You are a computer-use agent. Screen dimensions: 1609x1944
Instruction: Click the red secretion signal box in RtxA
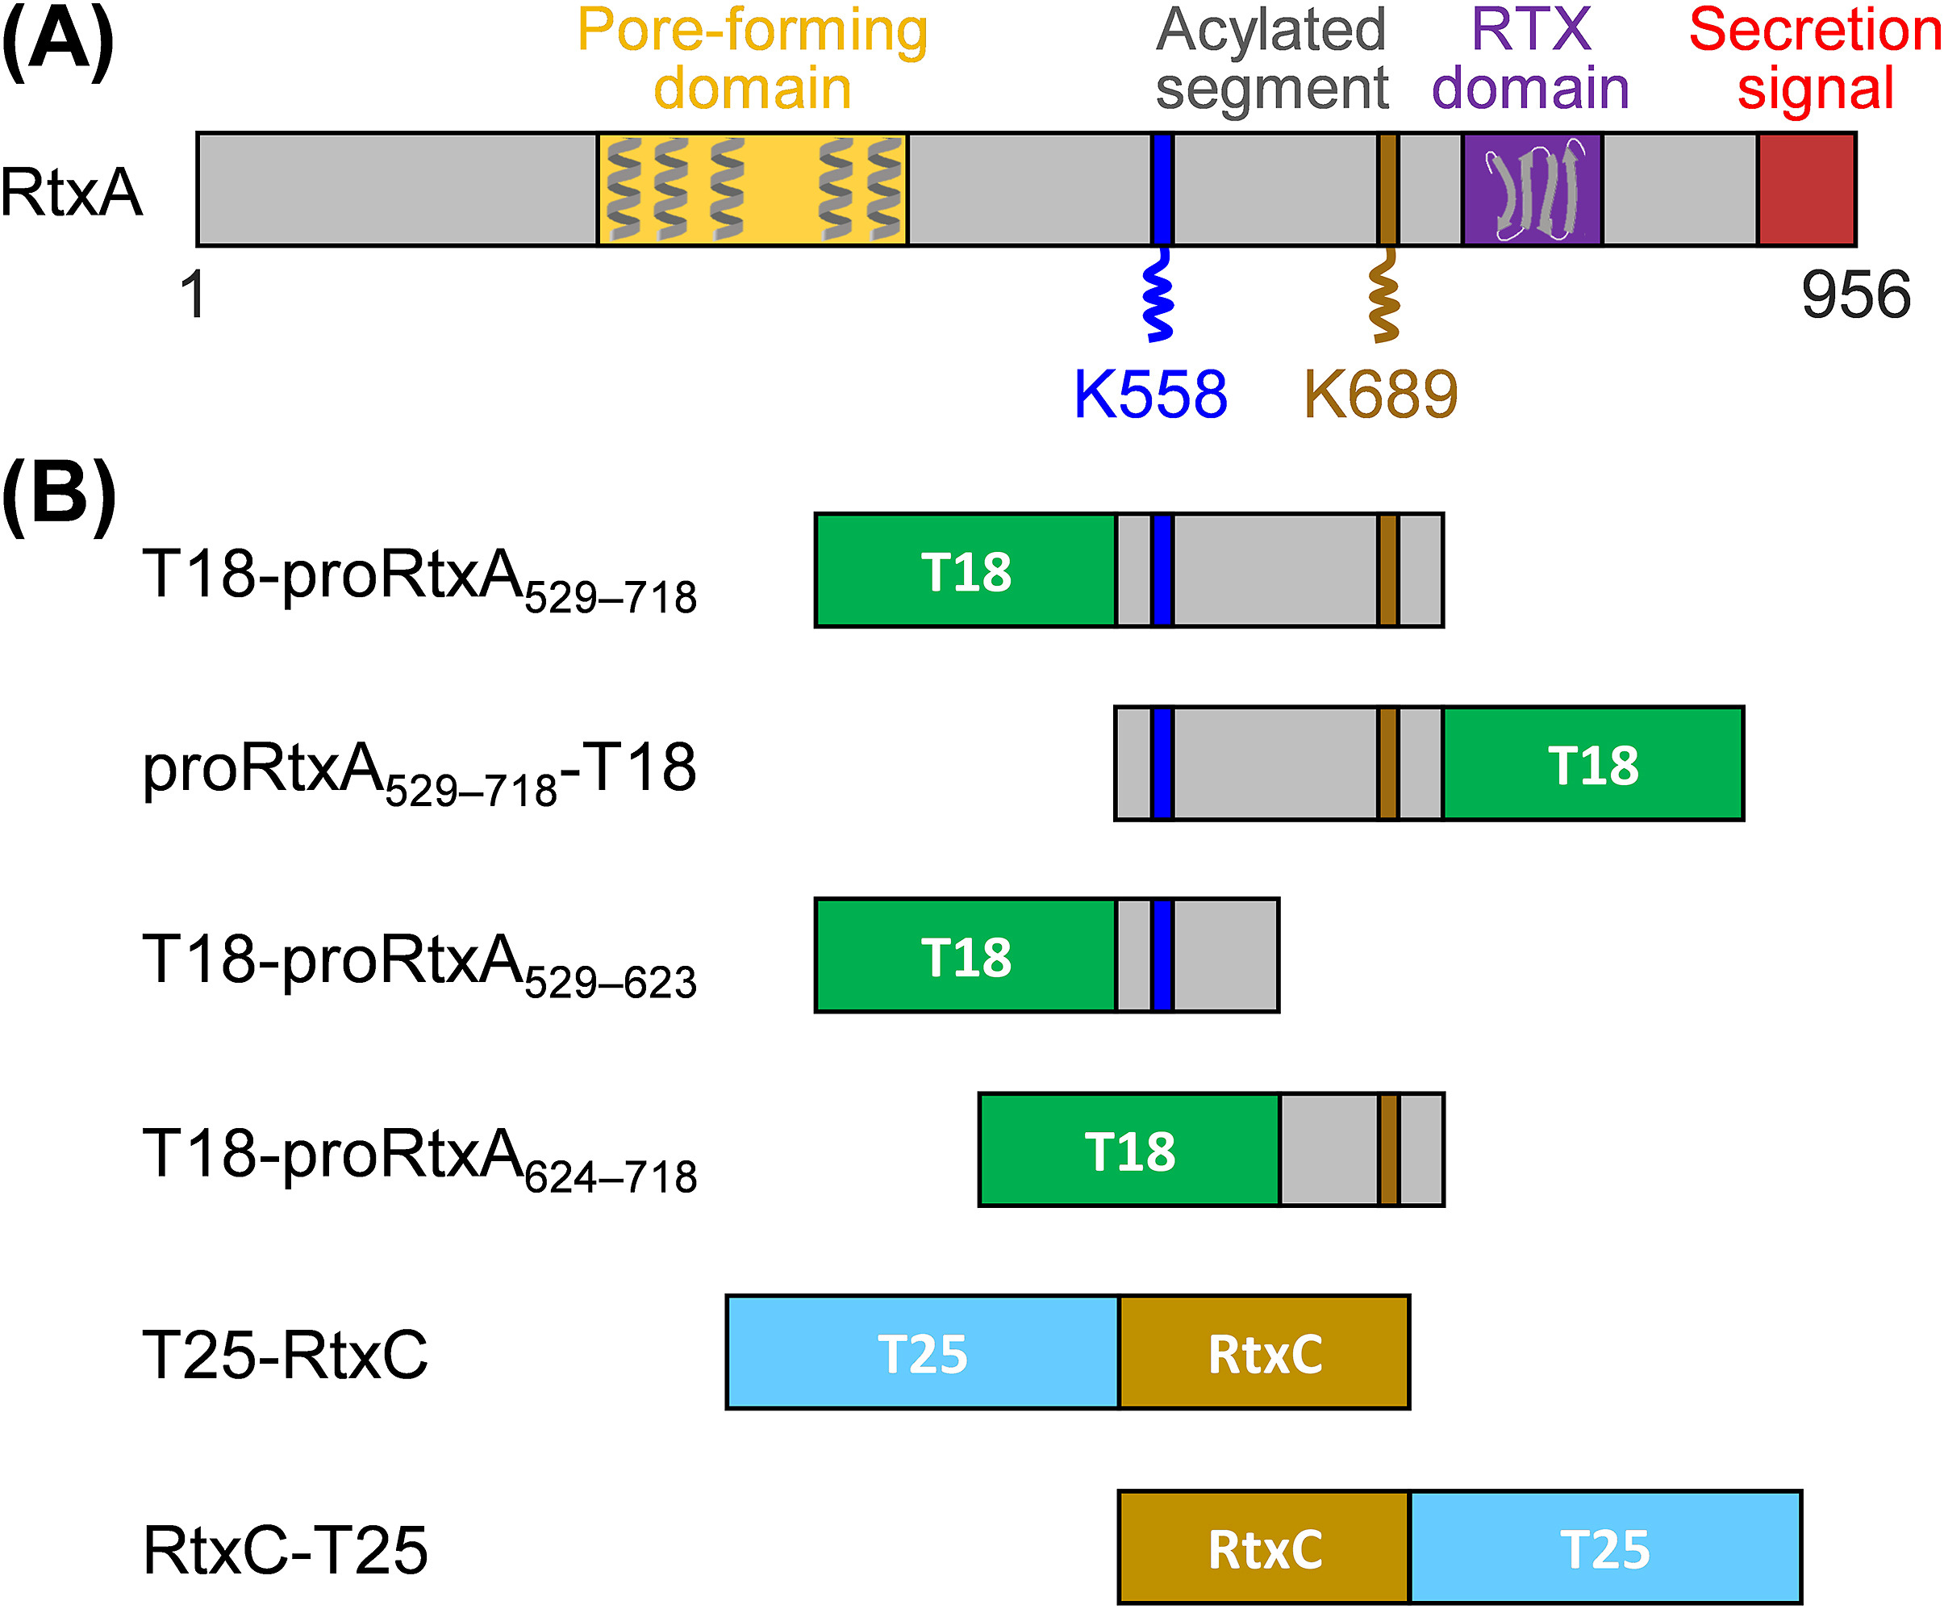(1806, 189)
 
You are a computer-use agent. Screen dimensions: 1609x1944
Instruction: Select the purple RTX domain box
(1531, 189)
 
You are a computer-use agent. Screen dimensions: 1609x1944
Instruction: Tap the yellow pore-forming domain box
(752, 189)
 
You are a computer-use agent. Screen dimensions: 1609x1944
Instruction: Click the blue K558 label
(1149, 395)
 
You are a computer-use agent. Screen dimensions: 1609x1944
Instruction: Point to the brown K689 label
(1380, 395)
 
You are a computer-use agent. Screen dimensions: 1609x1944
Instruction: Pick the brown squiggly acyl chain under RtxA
(1384, 296)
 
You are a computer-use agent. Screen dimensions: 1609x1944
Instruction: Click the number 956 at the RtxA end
(1855, 295)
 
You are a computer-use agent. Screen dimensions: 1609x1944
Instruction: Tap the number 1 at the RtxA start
(193, 295)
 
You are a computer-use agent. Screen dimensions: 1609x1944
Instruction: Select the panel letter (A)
(57, 42)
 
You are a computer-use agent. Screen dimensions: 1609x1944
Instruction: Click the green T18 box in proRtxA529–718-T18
(1592, 764)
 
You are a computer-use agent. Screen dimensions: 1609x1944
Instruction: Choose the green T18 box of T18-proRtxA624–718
(1128, 1150)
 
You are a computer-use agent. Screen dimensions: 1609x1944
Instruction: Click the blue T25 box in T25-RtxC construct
(922, 1352)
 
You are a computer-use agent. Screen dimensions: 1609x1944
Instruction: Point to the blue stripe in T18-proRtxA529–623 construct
(1162, 955)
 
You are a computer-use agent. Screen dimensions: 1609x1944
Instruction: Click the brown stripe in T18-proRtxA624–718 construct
(1387, 1150)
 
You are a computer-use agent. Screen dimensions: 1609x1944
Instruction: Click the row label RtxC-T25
(285, 1550)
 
